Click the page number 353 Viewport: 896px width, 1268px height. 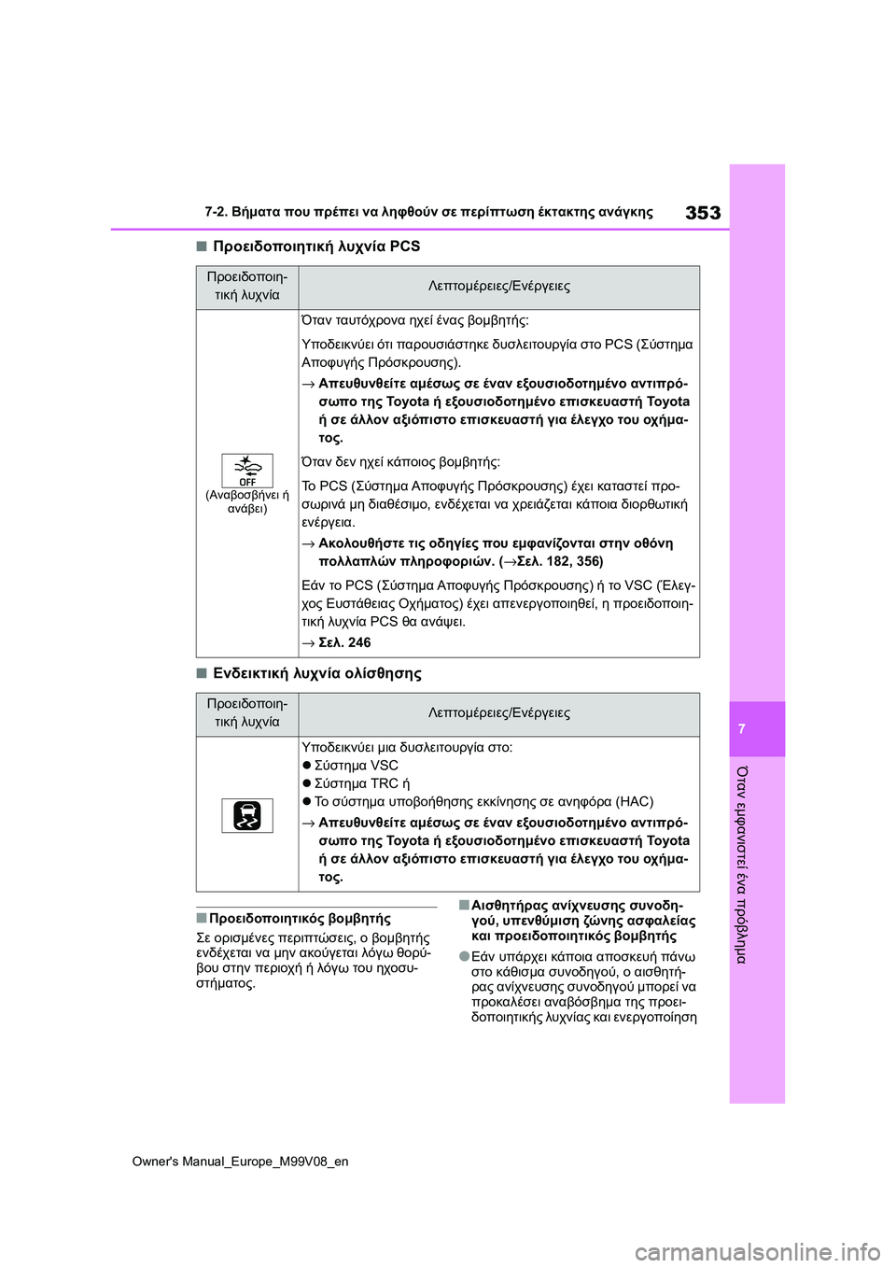703,213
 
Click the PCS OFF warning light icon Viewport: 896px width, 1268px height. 247,471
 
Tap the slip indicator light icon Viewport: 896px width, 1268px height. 247,815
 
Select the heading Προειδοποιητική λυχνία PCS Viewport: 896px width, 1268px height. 316,247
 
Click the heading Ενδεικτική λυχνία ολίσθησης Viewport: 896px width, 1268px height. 317,673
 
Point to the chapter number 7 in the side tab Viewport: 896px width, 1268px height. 742,729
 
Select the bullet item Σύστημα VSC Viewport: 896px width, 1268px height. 356,766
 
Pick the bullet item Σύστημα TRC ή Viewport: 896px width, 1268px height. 361,783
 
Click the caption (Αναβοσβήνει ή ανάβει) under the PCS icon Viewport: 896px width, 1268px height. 247,501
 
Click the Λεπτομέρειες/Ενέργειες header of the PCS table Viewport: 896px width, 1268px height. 498,286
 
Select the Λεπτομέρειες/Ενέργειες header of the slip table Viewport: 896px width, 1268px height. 498,712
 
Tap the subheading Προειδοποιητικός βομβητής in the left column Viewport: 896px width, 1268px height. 300,919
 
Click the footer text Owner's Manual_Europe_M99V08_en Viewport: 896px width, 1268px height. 240,1162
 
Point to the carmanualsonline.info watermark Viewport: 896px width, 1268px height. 757,1251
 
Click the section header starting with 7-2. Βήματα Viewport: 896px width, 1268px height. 428,212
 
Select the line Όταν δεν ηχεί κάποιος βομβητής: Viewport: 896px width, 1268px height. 400,461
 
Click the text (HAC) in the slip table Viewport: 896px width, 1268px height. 635,801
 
